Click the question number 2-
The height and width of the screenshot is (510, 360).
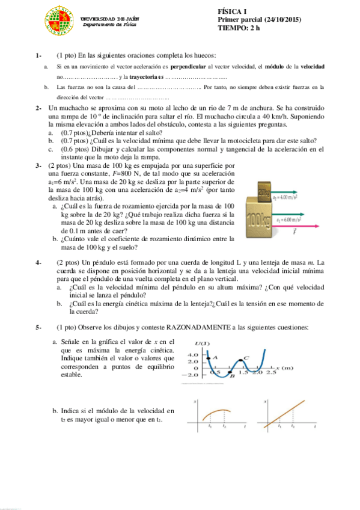pyautogui.click(x=38, y=108)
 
